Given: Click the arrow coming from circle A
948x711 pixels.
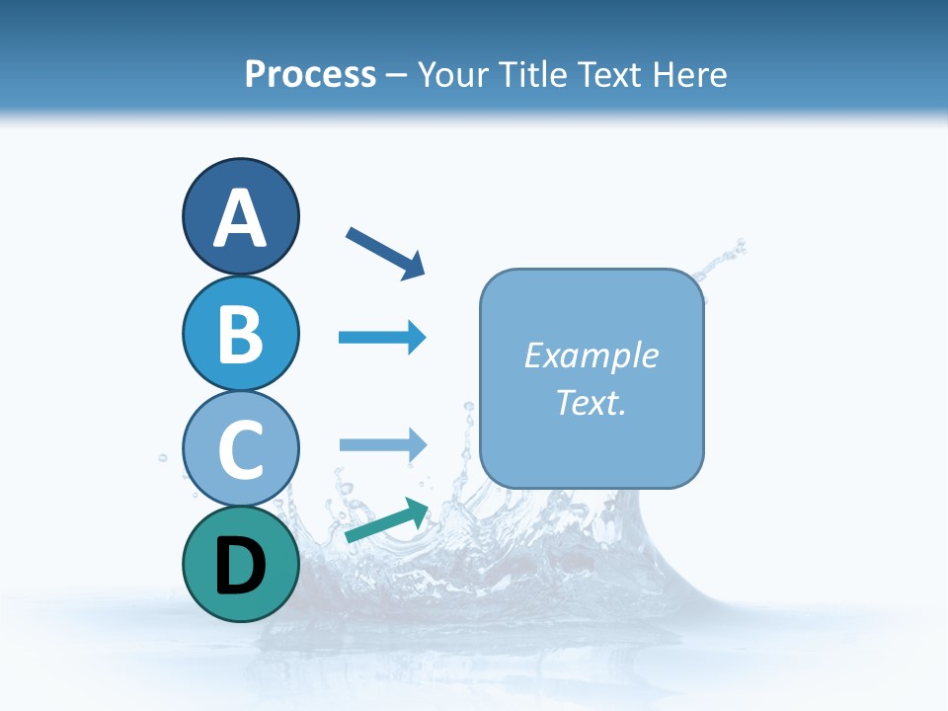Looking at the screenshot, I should [385, 253].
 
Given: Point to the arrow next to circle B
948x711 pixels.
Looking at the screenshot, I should [382, 338].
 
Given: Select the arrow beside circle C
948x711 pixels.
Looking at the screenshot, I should [382, 444].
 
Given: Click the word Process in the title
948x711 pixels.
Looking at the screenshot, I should [310, 74].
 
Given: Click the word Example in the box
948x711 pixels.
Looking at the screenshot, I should [591, 355].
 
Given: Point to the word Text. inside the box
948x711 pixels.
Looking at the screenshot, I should [591, 402].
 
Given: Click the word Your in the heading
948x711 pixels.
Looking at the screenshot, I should [452, 74].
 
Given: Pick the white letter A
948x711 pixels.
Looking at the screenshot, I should [240, 218].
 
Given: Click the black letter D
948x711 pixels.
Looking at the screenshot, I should [240, 566].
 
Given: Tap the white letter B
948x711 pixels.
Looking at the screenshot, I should [240, 335].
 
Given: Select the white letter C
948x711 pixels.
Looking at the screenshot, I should [240, 449].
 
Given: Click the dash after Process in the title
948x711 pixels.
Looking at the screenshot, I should [397, 76].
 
